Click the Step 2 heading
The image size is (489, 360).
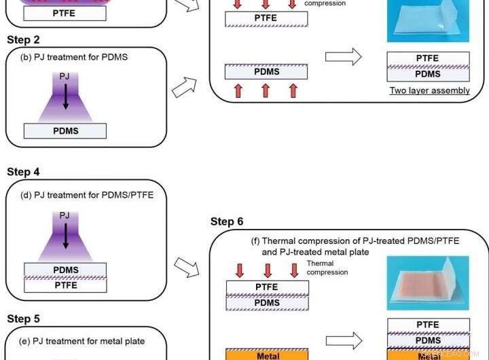pyautogui.click(x=23, y=40)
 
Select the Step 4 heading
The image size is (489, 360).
pyautogui.click(x=23, y=172)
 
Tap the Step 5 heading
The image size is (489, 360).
pyautogui.click(x=23, y=319)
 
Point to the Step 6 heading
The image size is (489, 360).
pyautogui.click(x=227, y=221)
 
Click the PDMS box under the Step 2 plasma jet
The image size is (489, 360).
pyautogui.click(x=65, y=131)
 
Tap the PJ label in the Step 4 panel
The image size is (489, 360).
pyautogui.click(x=65, y=215)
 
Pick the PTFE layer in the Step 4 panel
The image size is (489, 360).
pyautogui.click(x=65, y=285)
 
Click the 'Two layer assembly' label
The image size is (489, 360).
pyautogui.click(x=429, y=90)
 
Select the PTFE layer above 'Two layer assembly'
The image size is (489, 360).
pyautogui.click(x=427, y=58)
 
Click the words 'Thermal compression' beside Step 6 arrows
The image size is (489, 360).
pyautogui.click(x=327, y=268)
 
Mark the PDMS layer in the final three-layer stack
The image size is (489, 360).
pyautogui.click(x=428, y=340)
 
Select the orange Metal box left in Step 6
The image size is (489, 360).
pyautogui.click(x=267, y=355)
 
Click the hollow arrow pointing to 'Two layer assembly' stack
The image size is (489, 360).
pyautogui.click(x=344, y=57)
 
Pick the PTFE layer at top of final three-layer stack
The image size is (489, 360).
pyautogui.click(x=428, y=325)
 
